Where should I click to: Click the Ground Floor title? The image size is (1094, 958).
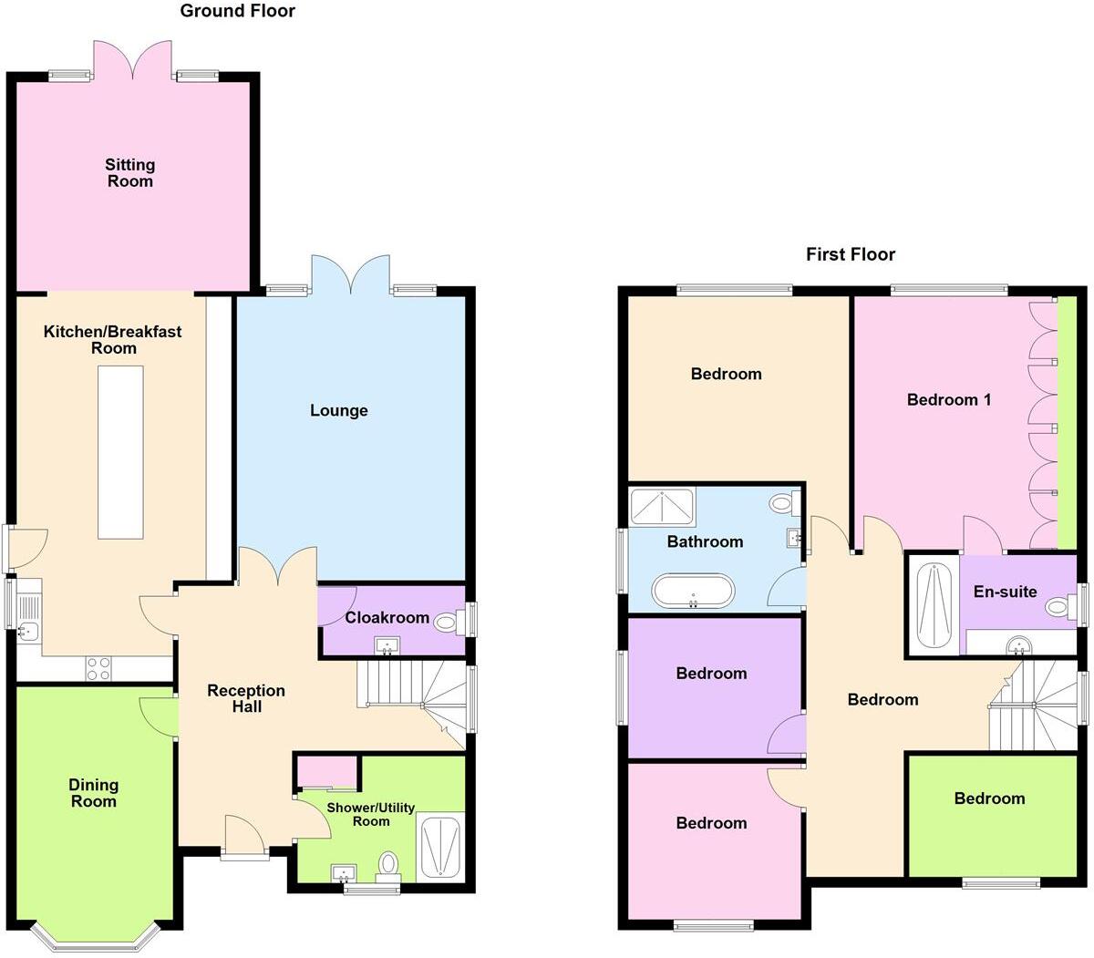237,11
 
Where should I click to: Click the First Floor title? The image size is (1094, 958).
850,254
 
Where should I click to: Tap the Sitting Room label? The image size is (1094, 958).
130,172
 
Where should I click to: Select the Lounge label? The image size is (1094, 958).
339,410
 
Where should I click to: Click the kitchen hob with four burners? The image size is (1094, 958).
98,669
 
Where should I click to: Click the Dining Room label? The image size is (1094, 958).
94,793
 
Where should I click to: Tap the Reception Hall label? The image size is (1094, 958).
246,698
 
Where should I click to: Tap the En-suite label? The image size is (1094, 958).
1005,592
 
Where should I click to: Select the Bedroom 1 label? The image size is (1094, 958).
949,399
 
